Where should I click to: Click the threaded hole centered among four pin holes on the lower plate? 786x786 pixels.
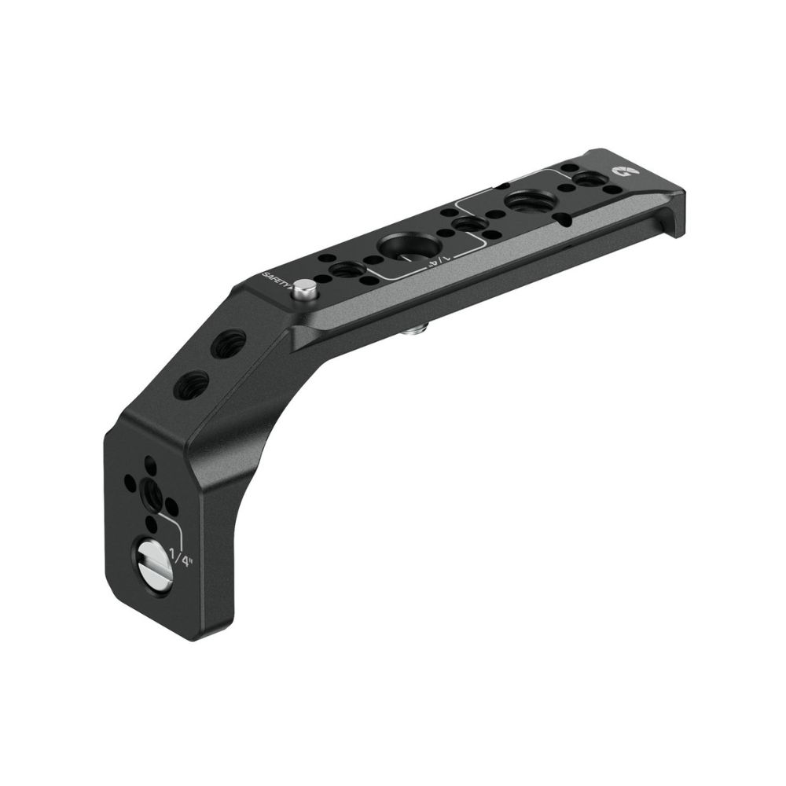coord(151,494)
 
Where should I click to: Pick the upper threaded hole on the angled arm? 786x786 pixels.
coord(230,343)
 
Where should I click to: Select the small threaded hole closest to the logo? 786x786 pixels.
coord(586,182)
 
